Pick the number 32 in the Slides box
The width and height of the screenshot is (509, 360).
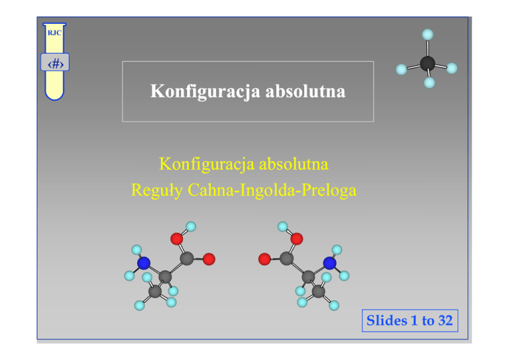click(445, 321)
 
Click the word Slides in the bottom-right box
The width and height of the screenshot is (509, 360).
click(388, 321)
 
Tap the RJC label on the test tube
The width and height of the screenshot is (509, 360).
click(54, 32)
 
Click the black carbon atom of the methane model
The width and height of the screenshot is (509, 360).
click(427, 63)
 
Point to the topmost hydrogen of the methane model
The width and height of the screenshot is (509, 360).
click(428, 34)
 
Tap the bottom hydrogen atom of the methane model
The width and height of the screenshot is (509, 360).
click(429, 83)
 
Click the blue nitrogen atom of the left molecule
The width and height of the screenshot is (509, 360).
click(144, 263)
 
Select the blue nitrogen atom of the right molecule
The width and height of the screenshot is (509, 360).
click(329, 263)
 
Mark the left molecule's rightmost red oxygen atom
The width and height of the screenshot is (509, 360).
click(209, 259)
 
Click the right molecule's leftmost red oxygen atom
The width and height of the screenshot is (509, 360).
click(264, 259)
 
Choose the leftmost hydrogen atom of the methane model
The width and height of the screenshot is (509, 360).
click(401, 69)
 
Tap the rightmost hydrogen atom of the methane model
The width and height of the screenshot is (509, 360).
click(452, 68)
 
